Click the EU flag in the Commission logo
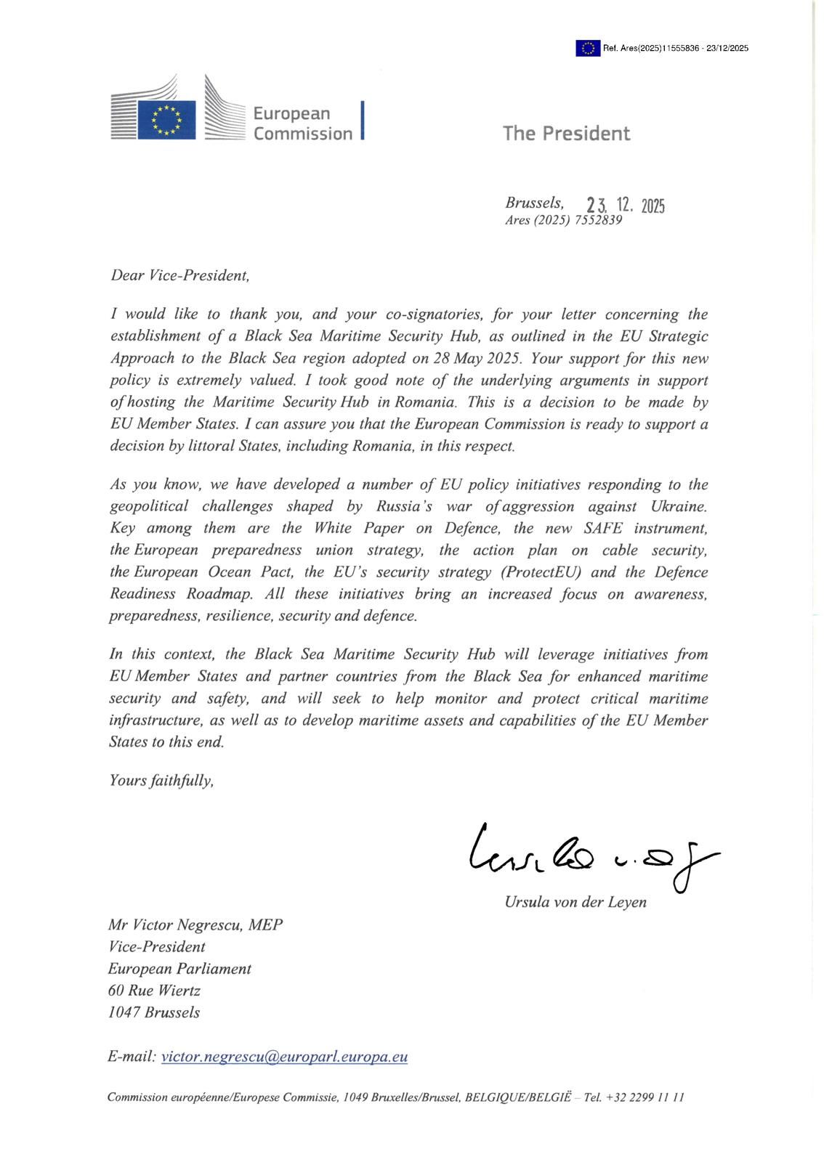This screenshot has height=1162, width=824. click(x=167, y=119)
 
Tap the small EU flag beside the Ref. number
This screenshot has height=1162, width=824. click(x=588, y=48)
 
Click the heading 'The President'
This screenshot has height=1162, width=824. click(x=566, y=134)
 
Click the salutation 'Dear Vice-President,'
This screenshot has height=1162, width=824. click(x=180, y=276)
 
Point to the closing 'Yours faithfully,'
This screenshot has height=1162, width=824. click(x=161, y=781)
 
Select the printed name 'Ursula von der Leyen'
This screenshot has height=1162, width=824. click(x=575, y=903)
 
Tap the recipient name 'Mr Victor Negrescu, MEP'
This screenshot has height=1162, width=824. click(x=195, y=925)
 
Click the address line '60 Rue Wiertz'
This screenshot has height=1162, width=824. click(x=154, y=991)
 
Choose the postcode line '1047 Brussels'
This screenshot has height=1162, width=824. click(x=153, y=1012)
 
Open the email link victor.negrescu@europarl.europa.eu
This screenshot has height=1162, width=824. click(x=284, y=1057)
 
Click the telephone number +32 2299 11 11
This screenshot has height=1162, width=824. click(x=647, y=1097)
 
